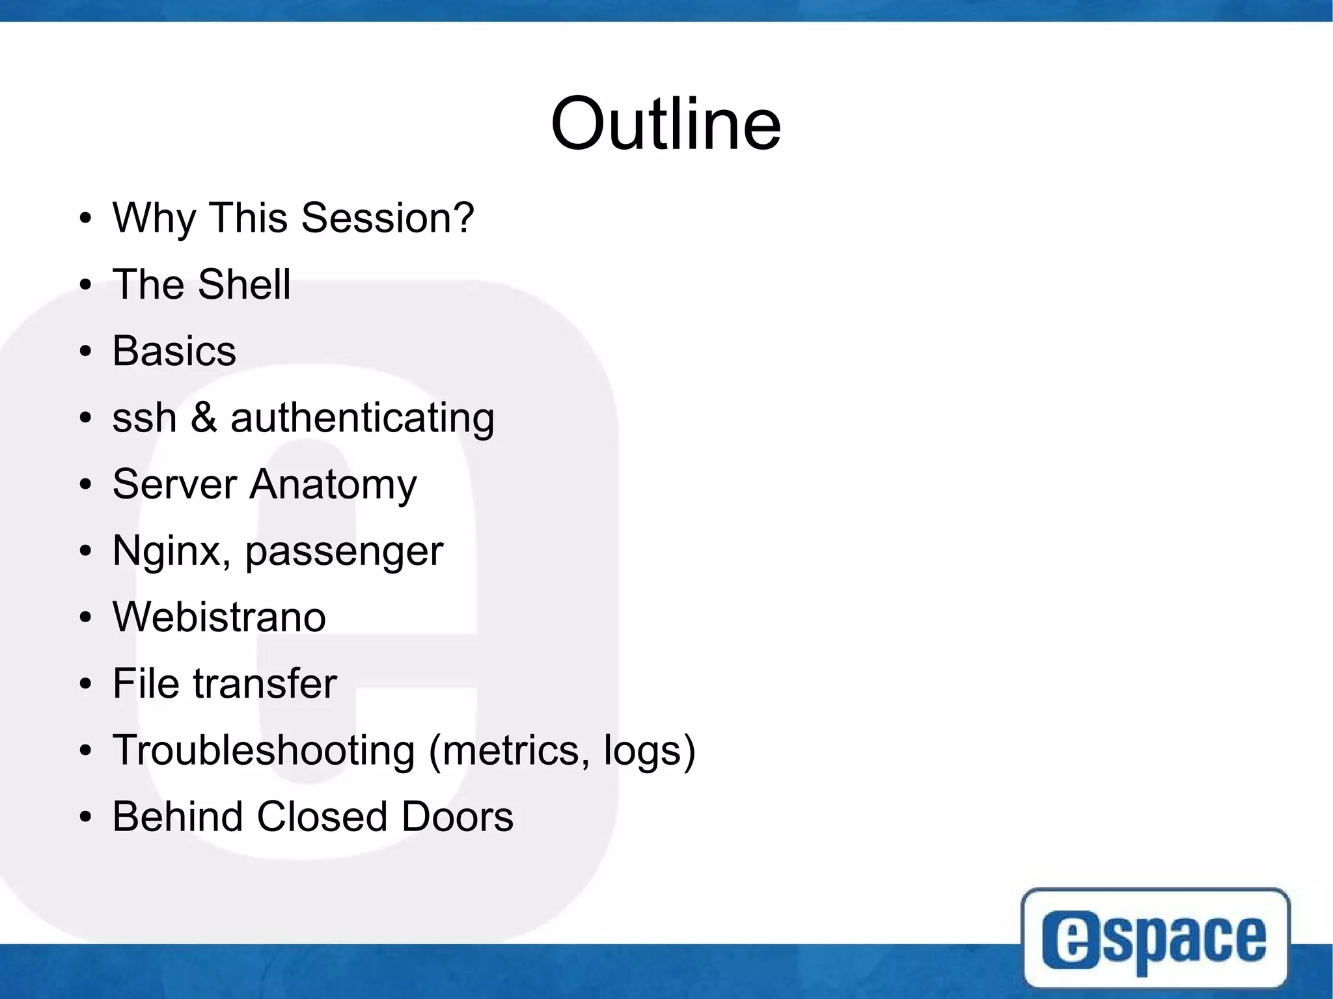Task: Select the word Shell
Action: [x=244, y=284]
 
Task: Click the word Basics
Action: [x=174, y=351]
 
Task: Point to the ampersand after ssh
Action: [x=204, y=417]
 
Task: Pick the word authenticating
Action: [x=363, y=418]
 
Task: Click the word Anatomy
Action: [x=333, y=485]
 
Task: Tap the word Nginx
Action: [x=171, y=552]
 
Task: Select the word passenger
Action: [x=344, y=553]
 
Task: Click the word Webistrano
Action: [x=219, y=617]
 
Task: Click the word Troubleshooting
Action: [x=264, y=750]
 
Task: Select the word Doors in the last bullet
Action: [x=457, y=817]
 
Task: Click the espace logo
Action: [x=1155, y=937]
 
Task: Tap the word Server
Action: [x=174, y=484]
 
